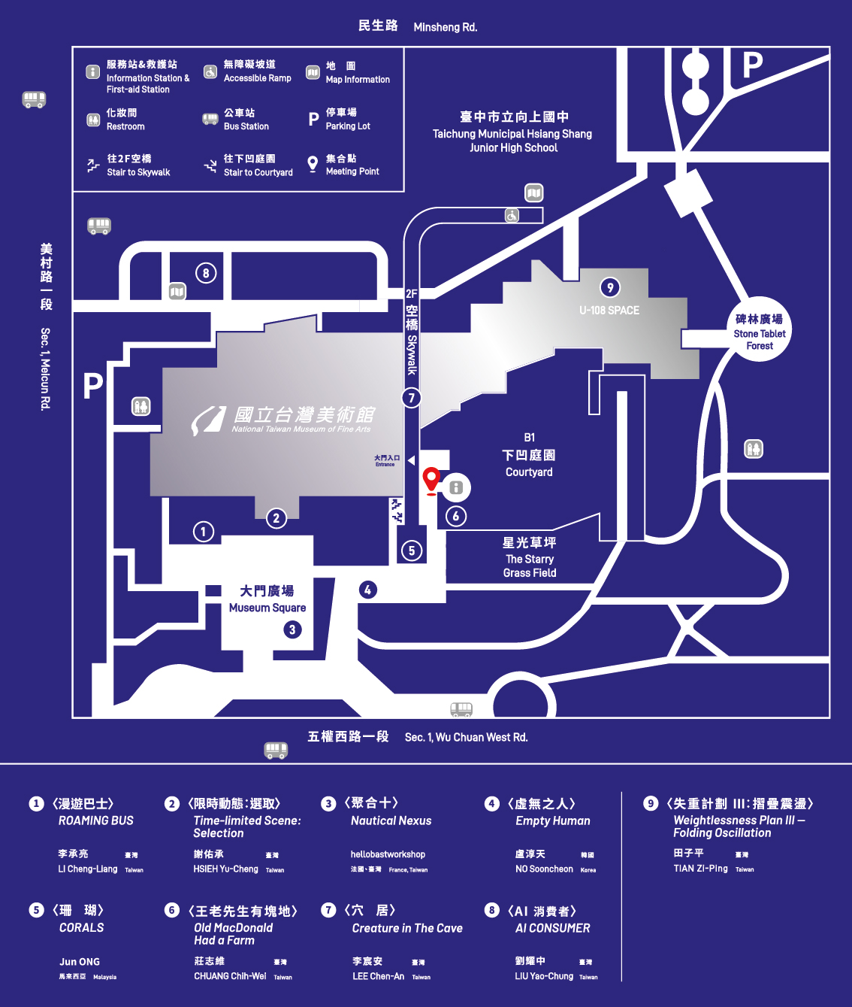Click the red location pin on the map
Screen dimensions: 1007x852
coord(431,480)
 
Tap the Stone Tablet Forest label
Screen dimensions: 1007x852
coord(760,332)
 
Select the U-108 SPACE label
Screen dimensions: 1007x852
coord(609,311)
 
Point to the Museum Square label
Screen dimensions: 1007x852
coord(267,599)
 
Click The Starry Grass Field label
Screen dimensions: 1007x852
coord(530,557)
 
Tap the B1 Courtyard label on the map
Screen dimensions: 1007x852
coord(529,455)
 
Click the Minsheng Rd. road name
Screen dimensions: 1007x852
coord(445,27)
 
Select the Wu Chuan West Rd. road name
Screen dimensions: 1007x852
coord(466,737)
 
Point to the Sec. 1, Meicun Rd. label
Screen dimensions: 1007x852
coord(46,369)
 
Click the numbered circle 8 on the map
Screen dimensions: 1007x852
coord(206,273)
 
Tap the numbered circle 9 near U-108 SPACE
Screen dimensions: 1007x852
coord(610,287)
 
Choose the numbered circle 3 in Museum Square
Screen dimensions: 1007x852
coord(292,629)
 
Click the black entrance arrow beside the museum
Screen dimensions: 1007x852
coord(411,460)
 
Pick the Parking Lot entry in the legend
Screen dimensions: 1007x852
coord(347,119)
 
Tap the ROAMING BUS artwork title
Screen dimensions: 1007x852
coord(95,820)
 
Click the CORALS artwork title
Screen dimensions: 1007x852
coord(81,927)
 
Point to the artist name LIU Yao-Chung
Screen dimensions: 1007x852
coord(544,976)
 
